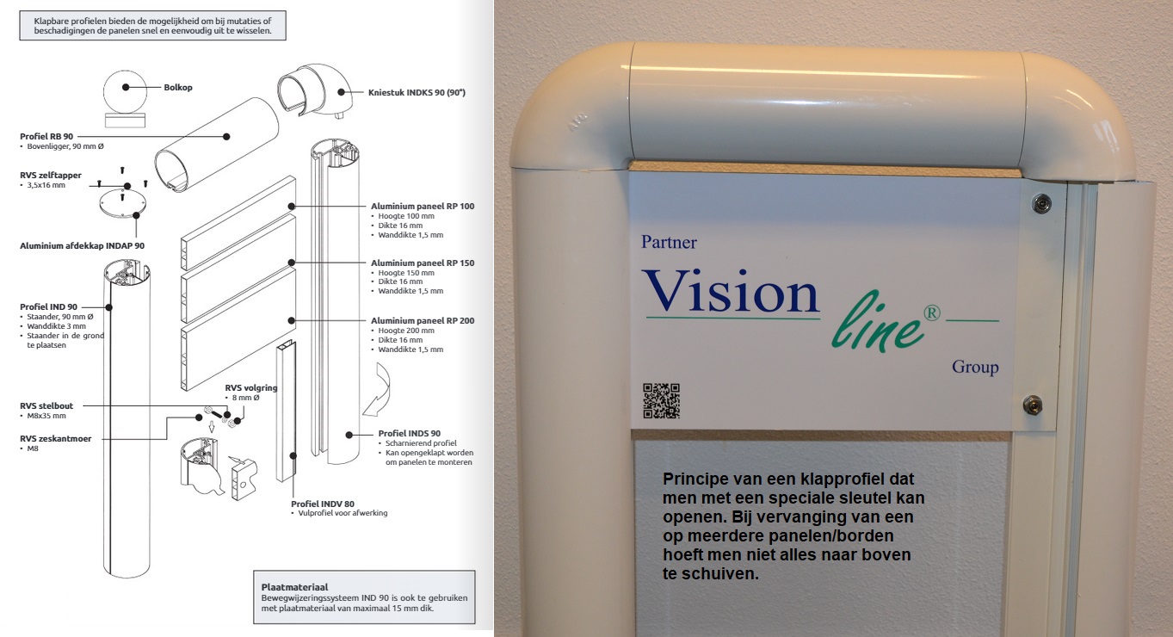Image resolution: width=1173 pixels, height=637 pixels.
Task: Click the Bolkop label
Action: click(178, 88)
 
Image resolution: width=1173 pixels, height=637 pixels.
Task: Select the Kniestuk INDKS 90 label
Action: click(417, 93)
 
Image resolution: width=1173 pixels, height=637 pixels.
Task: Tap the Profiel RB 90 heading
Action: click(46, 136)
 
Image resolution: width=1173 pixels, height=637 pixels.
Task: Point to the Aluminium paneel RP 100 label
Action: click(423, 207)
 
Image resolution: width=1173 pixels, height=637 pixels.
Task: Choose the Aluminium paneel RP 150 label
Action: click(423, 263)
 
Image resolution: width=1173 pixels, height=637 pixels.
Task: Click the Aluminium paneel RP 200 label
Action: click(423, 320)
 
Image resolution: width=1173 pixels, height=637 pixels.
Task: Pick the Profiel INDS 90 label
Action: click(410, 433)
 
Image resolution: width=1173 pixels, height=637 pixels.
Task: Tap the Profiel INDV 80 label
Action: click(323, 504)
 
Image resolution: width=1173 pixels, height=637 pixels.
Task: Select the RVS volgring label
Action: click(251, 387)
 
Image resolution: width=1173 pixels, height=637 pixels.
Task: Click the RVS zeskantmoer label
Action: click(55, 438)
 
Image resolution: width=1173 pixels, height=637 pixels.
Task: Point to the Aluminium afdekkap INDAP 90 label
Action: click(83, 245)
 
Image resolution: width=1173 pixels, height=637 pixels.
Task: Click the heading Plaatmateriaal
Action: click(295, 587)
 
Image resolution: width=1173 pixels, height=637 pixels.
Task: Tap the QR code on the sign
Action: click(662, 401)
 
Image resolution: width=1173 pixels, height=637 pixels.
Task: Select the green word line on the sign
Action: click(879, 323)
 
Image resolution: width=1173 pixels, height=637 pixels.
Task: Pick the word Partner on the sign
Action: click(670, 242)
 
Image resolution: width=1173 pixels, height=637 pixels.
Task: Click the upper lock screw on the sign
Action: click(1041, 203)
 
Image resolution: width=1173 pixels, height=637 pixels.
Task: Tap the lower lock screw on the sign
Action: click(1033, 405)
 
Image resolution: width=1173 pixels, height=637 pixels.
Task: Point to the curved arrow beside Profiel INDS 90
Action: click(378, 390)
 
